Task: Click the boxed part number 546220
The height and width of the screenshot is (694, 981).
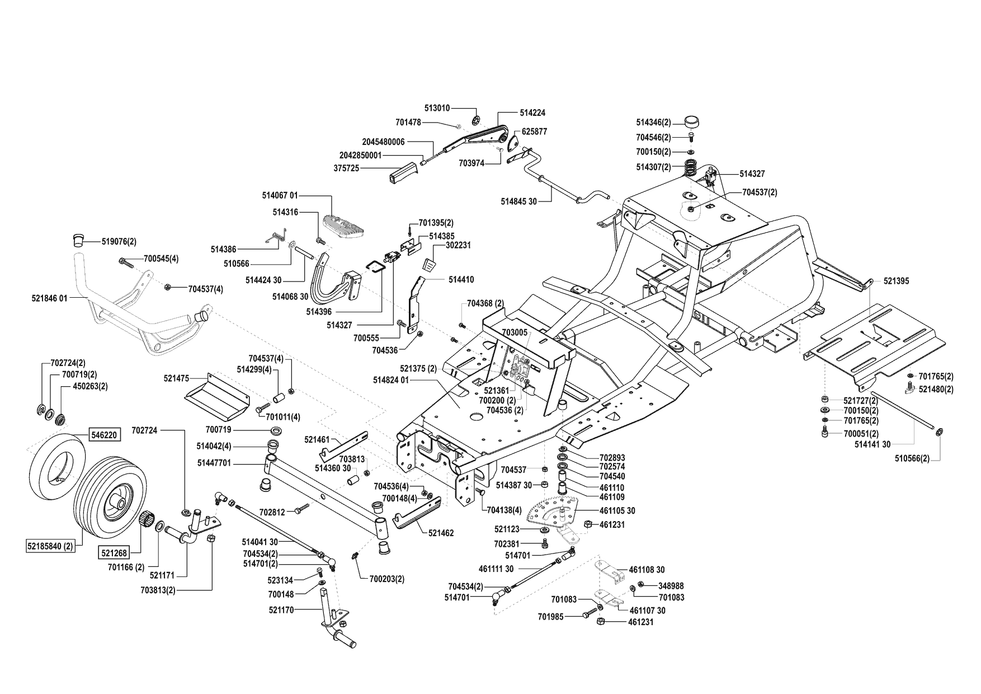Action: pyautogui.click(x=103, y=434)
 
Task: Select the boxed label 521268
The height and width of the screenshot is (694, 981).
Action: pyautogui.click(x=114, y=552)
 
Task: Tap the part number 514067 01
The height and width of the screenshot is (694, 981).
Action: pyautogui.click(x=280, y=196)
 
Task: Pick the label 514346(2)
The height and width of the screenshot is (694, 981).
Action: pyautogui.click(x=653, y=121)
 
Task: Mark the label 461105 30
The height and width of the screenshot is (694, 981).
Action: pyautogui.click(x=617, y=511)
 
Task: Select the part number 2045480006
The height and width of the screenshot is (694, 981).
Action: pyautogui.click(x=383, y=142)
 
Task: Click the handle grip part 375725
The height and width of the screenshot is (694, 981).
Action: pyautogui.click(x=402, y=172)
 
